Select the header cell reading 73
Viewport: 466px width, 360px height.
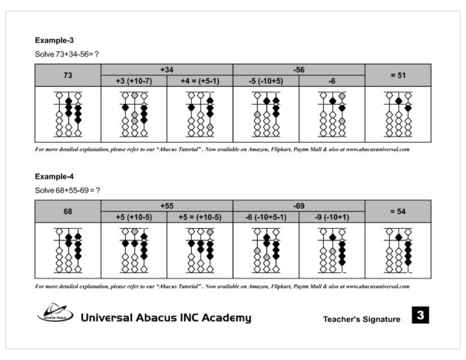point(68,74)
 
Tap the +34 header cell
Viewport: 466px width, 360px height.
point(166,69)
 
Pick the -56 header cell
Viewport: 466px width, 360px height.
point(299,69)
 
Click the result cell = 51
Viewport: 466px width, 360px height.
point(398,74)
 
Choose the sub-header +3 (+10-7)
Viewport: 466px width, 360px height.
point(134,81)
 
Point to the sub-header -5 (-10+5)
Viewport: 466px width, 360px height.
point(266,81)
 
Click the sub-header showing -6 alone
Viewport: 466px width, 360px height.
point(332,81)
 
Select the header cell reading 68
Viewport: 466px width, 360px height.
point(68,211)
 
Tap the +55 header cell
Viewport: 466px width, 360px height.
point(166,206)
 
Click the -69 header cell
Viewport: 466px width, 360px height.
point(299,206)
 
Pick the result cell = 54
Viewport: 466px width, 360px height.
point(398,211)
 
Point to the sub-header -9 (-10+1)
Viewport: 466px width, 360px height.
point(332,217)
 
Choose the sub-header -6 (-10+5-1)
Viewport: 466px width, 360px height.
point(266,217)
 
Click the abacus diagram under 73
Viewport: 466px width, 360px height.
point(68,113)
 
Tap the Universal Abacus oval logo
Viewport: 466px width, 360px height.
point(55,313)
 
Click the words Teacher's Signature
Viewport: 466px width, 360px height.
point(361,319)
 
